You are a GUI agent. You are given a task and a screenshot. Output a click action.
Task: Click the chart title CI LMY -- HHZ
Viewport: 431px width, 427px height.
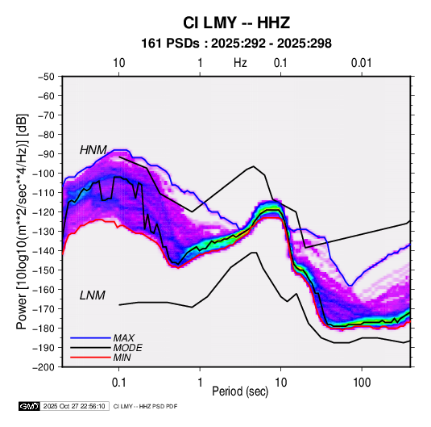(x=236, y=23)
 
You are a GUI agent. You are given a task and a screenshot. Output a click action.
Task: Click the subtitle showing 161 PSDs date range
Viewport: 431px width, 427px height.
(x=236, y=44)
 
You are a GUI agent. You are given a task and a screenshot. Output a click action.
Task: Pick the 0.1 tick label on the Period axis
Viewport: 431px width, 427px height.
(x=118, y=383)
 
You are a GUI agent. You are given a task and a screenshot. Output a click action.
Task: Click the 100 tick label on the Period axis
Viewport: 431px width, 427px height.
(x=362, y=383)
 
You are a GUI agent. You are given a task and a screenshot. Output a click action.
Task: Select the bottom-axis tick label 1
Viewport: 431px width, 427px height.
(x=200, y=383)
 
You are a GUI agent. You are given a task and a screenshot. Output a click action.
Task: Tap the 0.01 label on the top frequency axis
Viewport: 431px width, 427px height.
(x=361, y=63)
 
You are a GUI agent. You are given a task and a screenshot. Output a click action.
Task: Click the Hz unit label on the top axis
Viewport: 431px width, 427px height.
(x=240, y=63)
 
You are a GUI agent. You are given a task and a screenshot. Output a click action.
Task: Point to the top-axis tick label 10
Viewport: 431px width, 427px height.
(x=119, y=63)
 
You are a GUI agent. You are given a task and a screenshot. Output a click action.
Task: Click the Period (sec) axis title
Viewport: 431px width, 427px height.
(x=240, y=391)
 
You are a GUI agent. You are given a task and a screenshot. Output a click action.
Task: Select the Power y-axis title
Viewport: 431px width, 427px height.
(x=22, y=221)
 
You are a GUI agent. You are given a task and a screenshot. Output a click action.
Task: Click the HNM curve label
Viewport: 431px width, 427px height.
(x=93, y=150)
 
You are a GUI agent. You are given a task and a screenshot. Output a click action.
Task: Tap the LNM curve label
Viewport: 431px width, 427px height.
(x=93, y=295)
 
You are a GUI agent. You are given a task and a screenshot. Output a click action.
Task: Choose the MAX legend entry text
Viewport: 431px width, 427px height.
(x=124, y=338)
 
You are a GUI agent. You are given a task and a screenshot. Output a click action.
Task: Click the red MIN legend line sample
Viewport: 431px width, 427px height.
(x=90, y=358)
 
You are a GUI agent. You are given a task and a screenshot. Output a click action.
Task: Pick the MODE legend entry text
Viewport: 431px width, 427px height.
(x=128, y=348)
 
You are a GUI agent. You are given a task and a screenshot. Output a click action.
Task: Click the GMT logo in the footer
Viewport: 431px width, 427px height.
(x=30, y=406)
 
